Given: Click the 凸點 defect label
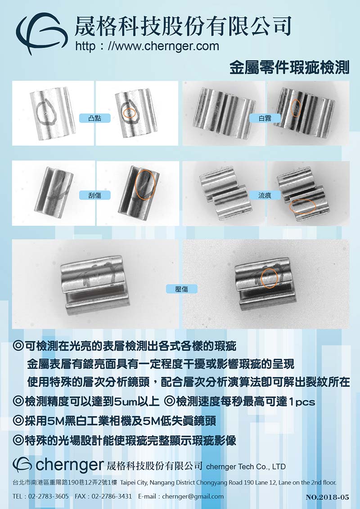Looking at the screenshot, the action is click(x=95, y=118).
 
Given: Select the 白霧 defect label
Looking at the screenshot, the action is click(x=265, y=118).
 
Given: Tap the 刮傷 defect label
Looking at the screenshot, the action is click(x=95, y=195).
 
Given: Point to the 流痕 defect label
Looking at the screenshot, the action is click(x=265, y=195).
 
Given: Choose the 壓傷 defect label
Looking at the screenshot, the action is click(x=182, y=289).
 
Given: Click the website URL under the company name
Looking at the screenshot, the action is click(x=147, y=46).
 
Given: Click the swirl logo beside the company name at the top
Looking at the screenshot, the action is click(x=41, y=32).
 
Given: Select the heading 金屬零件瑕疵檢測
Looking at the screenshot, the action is click(x=289, y=68).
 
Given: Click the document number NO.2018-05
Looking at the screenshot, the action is click(x=327, y=497).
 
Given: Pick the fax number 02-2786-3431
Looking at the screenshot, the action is click(x=112, y=496).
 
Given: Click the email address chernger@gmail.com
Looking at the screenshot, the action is click(x=193, y=496).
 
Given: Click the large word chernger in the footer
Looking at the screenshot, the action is click(x=70, y=465).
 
